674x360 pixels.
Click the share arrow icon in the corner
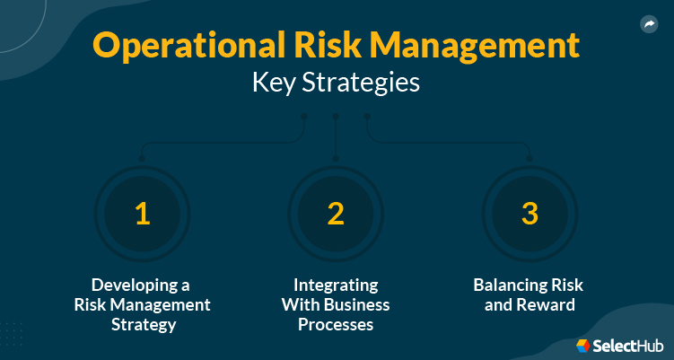[x=650, y=25]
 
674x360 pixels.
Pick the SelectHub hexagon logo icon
[x=583, y=345]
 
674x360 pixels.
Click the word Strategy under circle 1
[x=142, y=323]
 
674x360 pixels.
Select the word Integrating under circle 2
[x=336, y=285]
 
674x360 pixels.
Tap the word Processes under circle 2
[x=336, y=323]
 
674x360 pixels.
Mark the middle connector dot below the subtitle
[x=336, y=117]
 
